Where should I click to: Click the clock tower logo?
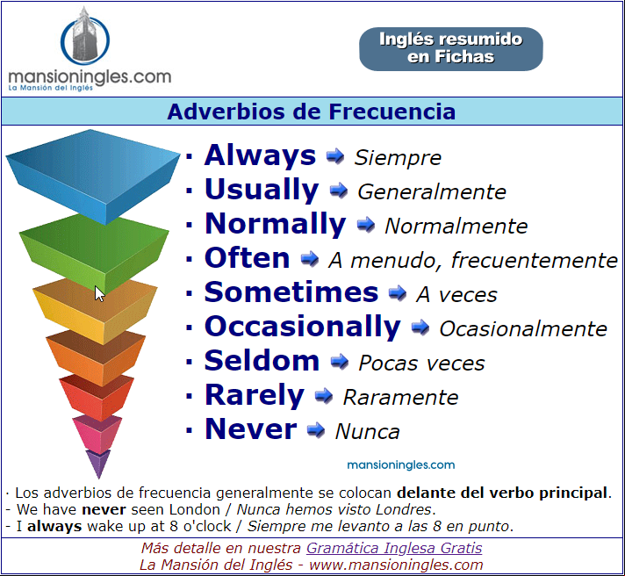pyautogui.click(x=85, y=36)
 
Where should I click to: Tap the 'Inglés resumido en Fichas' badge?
pyautogui.click(x=451, y=49)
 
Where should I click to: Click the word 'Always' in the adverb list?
pyautogui.click(x=260, y=156)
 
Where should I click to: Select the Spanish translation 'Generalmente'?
pyautogui.click(x=432, y=191)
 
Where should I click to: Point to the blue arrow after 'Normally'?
pyautogui.click(x=365, y=225)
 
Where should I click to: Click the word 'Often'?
pyautogui.click(x=248, y=258)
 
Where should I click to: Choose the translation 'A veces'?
pyautogui.click(x=456, y=295)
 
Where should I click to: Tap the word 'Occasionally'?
pyautogui.click(x=303, y=328)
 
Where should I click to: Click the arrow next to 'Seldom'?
pyautogui.click(x=340, y=362)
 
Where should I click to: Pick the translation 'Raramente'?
pyautogui.click(x=400, y=398)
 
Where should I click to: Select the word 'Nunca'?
pyautogui.click(x=367, y=432)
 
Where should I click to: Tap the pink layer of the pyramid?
pyautogui.click(x=97, y=434)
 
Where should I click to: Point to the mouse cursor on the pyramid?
pyautogui.click(x=99, y=294)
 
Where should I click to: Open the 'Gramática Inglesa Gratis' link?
pyautogui.click(x=394, y=548)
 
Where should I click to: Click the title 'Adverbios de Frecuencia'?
pyautogui.click(x=312, y=112)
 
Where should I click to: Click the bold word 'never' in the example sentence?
pyautogui.click(x=104, y=509)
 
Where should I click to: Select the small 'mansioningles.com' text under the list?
pyautogui.click(x=400, y=464)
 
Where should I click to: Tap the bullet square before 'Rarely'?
pyautogui.click(x=190, y=396)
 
